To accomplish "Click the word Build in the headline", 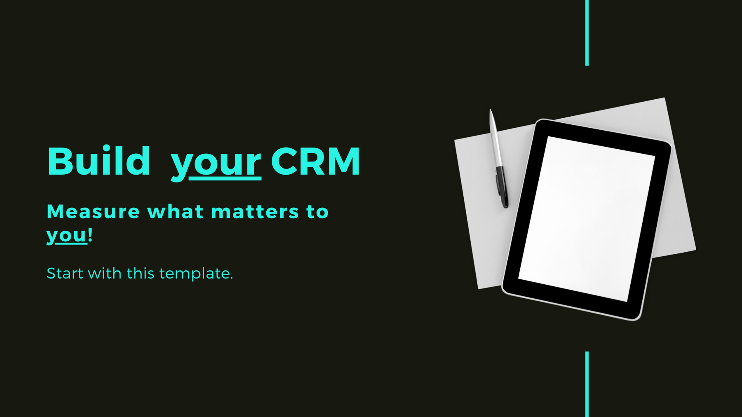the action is pos(99,161).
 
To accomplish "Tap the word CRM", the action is pos(315,162).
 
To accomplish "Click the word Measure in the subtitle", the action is pos(93,212).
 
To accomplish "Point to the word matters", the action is pos(255,212).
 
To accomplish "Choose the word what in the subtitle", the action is pos(175,212).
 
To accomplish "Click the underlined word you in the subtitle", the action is pos(67,236).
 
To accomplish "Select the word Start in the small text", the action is pos(65,273).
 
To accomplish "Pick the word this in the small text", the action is pos(141,273).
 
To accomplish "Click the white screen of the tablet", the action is pos(587,219).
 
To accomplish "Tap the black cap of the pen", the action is pos(502,187).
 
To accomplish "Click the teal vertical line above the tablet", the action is pos(587,33).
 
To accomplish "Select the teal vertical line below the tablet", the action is pos(587,384).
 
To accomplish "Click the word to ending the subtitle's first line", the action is pos(317,212).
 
